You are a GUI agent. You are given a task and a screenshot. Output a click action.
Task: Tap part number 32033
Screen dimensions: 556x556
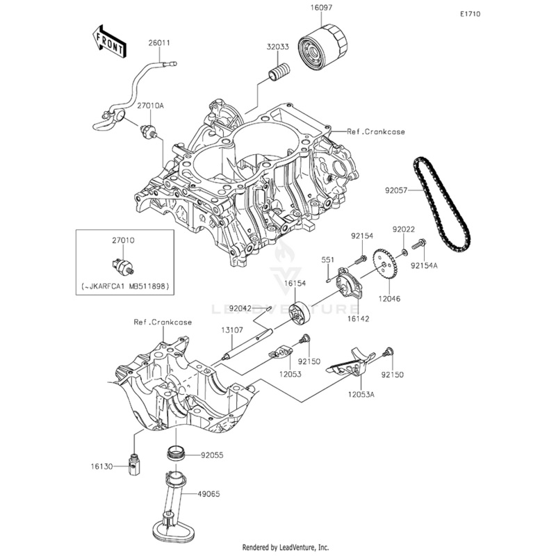(278, 48)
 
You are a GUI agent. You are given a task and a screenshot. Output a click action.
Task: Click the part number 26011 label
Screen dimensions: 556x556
(158, 43)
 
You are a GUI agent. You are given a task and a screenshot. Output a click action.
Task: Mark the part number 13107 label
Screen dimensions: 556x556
(232, 329)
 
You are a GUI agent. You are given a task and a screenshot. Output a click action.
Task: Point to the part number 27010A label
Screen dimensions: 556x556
(150, 106)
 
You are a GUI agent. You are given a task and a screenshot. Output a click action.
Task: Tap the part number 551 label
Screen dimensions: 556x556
(327, 259)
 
